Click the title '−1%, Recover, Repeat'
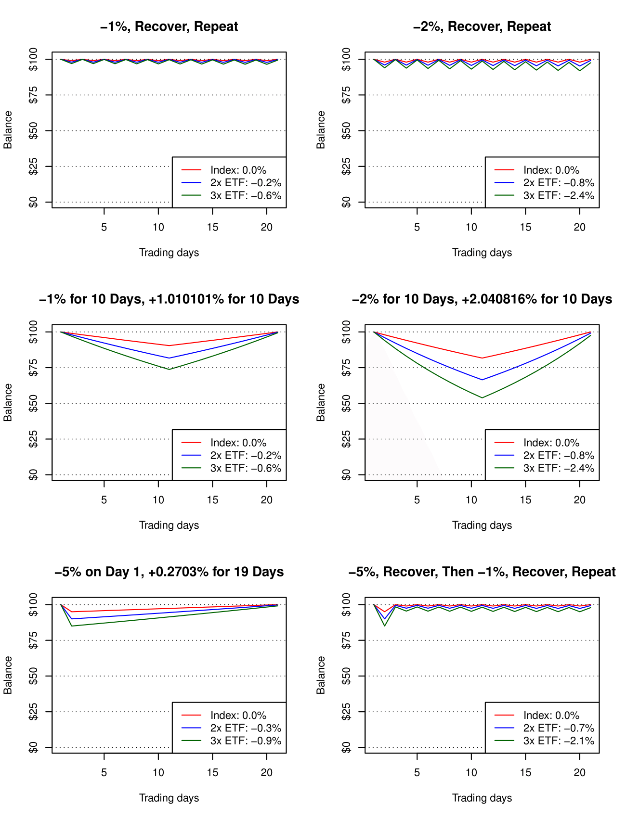pos(169,26)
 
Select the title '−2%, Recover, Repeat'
pos(482,26)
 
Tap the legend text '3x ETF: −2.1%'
pos(559,741)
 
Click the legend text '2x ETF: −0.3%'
pos(246,728)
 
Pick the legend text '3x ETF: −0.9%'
pos(246,741)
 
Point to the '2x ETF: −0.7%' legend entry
pos(559,728)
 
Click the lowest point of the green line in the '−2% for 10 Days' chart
pos(482,397)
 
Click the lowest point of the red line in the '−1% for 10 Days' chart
pos(169,345)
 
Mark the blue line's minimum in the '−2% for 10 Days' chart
pos(482,380)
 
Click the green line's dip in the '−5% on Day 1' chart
pos(72,626)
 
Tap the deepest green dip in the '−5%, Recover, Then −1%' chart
pos(385,626)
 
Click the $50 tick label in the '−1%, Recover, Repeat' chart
pos(33,131)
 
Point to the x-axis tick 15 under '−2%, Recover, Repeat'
pos(525,227)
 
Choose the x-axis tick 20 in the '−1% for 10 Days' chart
pos(267,500)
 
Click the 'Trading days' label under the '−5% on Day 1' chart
pos(169,798)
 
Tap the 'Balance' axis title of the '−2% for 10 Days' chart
pos(321,403)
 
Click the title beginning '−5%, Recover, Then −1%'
pos(482,572)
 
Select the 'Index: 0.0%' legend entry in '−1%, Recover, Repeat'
pos(238,170)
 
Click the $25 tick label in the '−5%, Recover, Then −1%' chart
pos(346,712)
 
